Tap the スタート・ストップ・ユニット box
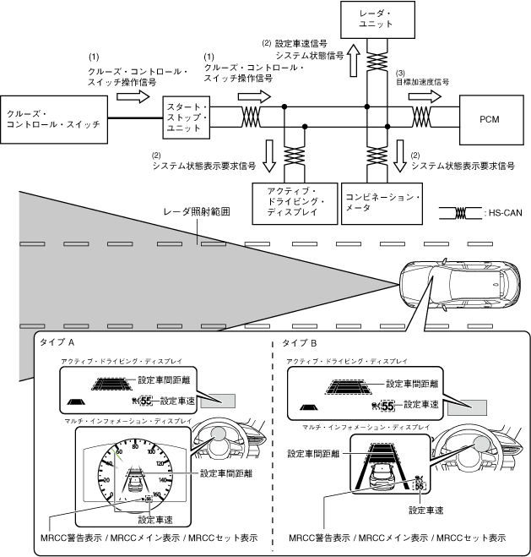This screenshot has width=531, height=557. (186, 117)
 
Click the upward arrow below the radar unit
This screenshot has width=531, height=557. (354, 62)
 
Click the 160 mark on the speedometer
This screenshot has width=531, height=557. (158, 494)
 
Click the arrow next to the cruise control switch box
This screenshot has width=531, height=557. (131, 98)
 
